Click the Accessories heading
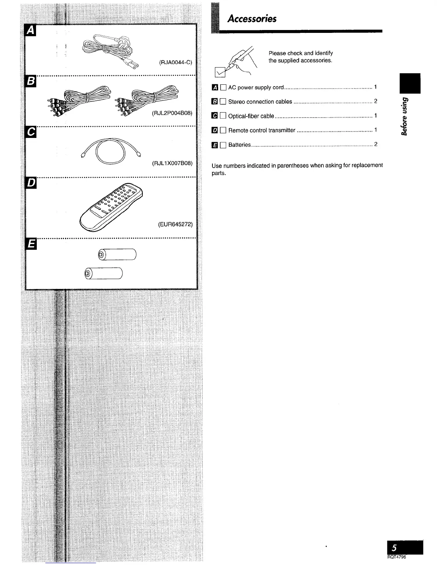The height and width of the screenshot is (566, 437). coord(252,19)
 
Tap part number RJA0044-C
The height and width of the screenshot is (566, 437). coord(176,63)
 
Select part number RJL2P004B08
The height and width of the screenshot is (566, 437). coord(172,113)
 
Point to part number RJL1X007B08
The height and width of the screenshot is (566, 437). coord(172,163)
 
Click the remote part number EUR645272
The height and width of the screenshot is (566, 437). coord(175,224)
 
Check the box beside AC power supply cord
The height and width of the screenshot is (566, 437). coord(223,87)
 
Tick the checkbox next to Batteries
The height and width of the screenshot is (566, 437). coord(223,145)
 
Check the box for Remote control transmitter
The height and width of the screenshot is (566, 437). coord(223,130)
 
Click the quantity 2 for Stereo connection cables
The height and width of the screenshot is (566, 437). coord(376,101)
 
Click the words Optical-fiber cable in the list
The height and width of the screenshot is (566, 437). coord(251,116)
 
